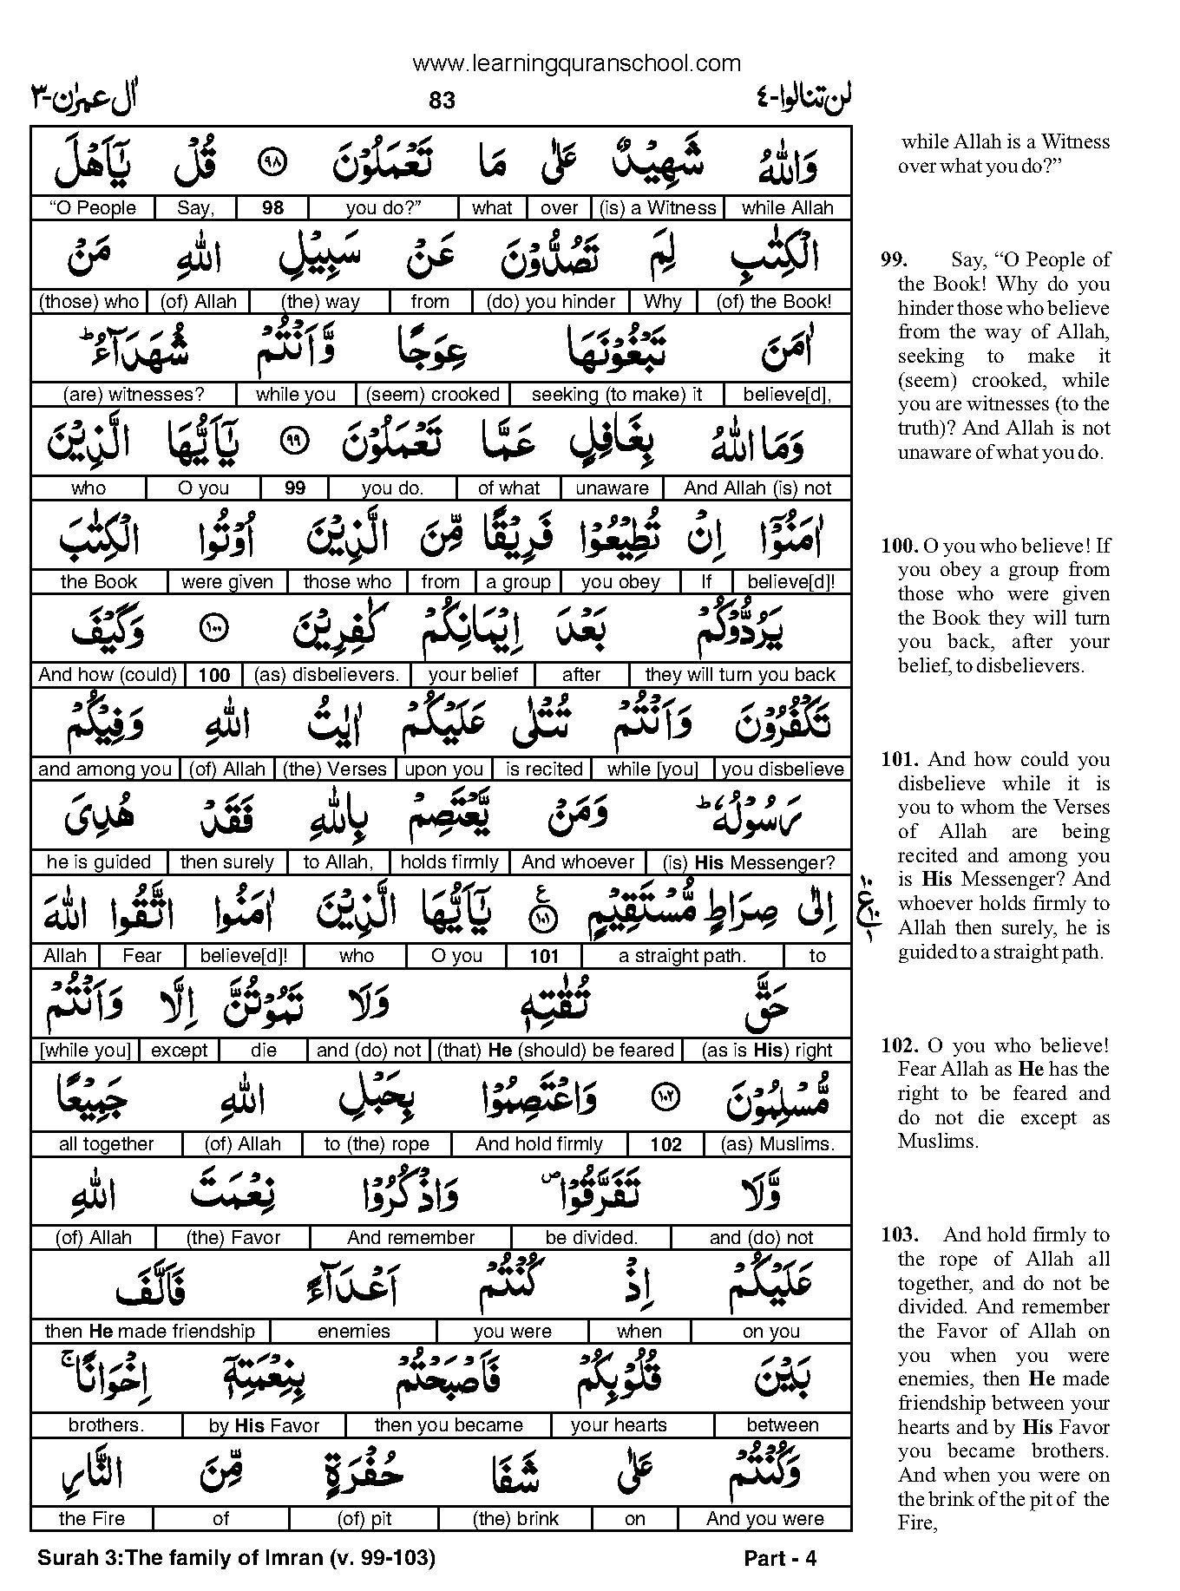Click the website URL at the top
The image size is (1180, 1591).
pos(577,62)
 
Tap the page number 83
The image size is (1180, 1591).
pos(442,101)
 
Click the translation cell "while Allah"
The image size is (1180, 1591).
pos(787,208)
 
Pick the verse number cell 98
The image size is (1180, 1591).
pos(272,208)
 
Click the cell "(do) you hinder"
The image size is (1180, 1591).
pos(551,302)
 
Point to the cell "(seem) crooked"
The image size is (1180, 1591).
pos(432,395)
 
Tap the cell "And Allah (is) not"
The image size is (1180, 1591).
pos(757,488)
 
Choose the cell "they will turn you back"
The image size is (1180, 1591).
pos(739,675)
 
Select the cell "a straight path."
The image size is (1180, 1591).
pos(682,956)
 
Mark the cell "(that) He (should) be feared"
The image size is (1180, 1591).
pos(556,1051)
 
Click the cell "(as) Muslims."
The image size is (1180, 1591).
pos(777,1144)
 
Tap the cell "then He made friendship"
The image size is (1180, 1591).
pos(150,1332)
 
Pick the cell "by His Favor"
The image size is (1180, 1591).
pos(264,1425)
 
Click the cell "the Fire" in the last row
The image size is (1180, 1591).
pos(92,1519)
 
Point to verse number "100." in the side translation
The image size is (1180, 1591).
pos(899,546)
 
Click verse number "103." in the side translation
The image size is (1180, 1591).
pos(899,1234)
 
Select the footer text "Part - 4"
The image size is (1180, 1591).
pos(780,1559)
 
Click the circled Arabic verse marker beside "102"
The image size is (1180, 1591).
pos(665,1099)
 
